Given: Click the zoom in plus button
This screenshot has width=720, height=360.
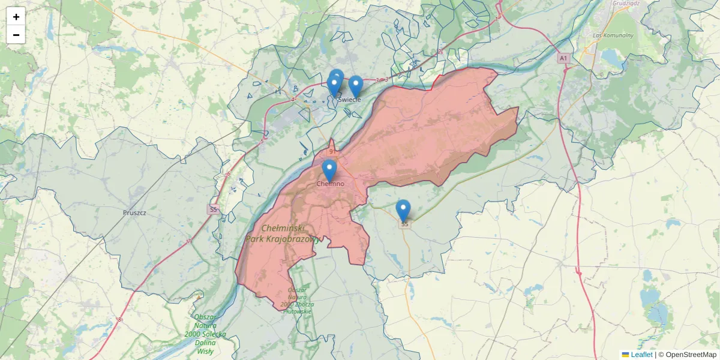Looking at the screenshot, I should tap(16, 17).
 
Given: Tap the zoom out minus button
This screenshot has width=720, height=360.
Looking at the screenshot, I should tap(16, 35).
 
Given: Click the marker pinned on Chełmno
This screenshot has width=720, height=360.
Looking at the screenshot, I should tap(329, 170).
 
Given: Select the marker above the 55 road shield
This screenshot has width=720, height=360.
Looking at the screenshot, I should tap(403, 210).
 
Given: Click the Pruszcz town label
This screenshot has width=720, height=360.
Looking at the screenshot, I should tap(134, 212).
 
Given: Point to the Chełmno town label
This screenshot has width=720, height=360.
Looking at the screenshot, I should tap(331, 184).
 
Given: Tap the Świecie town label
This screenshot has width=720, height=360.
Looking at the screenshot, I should tap(350, 100).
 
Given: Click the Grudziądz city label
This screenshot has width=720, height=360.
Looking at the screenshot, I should tap(628, 4).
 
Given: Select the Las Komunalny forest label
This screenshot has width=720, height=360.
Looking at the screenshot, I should tap(613, 35).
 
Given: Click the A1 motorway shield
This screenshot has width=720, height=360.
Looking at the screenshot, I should tap(563, 58).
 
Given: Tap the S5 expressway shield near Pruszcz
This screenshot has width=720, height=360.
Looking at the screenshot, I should tap(212, 209).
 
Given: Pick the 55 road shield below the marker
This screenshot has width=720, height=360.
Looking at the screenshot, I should tap(404, 224).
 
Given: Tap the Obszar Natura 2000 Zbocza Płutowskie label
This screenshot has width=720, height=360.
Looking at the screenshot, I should tap(297, 301).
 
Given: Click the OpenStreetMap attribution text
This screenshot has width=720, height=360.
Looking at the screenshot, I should tap(687, 355).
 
